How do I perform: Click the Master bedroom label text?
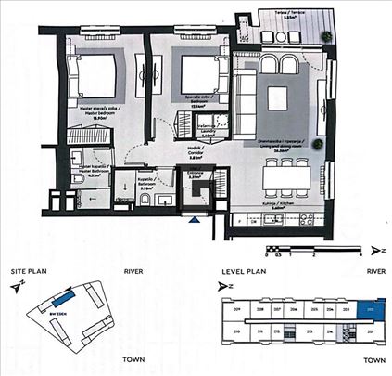pyautogui.click(x=87, y=112)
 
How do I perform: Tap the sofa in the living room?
pyautogui.click(x=247, y=97)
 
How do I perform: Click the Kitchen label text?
pyautogui.click(x=284, y=205)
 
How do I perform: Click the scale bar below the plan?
pyautogui.click(x=310, y=248)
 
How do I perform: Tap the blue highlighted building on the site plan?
pyautogui.click(x=64, y=300)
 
